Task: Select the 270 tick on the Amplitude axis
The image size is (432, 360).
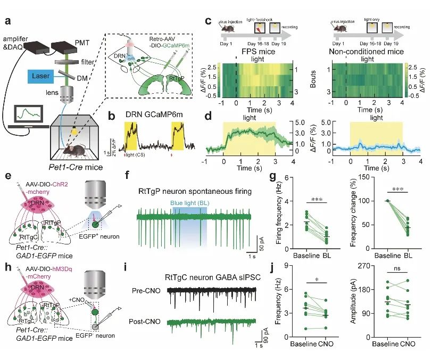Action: (x=362, y=266)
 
